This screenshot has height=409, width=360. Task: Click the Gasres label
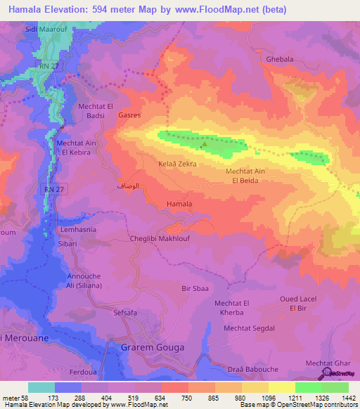(x=130, y=114)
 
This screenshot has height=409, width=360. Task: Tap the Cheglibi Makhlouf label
(x=160, y=239)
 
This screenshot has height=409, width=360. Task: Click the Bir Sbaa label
(x=195, y=289)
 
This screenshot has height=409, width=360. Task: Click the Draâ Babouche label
(x=255, y=370)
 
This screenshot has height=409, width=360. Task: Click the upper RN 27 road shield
(x=45, y=65)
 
